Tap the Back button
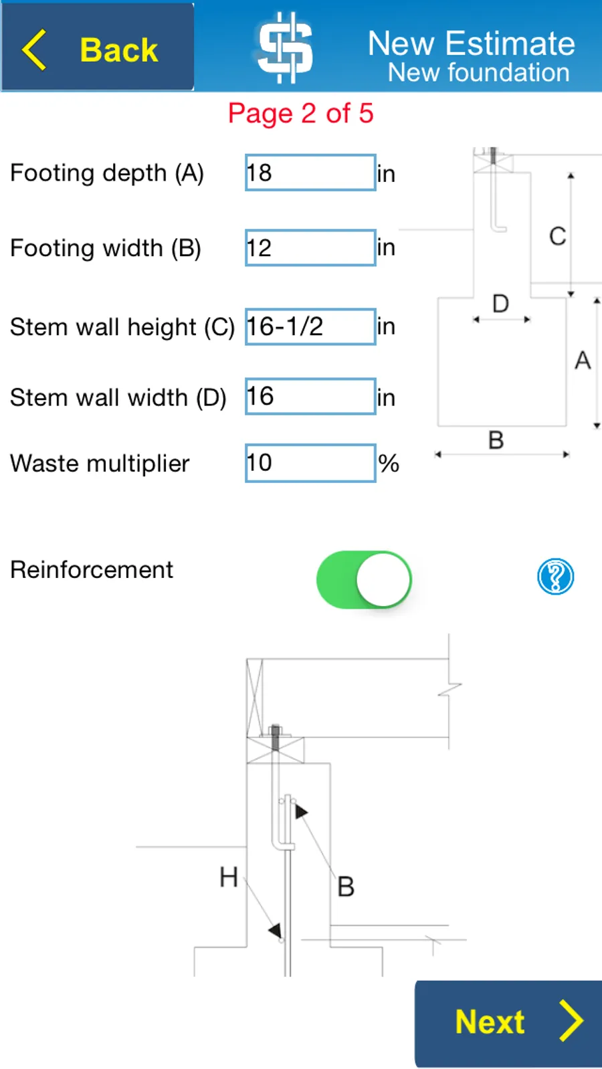97,47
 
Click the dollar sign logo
285,47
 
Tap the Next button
508,1024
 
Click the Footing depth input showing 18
310,173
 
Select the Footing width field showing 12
310,248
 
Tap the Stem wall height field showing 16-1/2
310,327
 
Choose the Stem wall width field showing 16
310,397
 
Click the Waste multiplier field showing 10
310,463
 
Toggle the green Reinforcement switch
364,579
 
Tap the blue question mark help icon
556,577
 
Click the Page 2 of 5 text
300,114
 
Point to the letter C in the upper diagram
558,236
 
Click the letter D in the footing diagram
500,304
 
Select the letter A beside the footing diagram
583,361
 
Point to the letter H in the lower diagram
229,877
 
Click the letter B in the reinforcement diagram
346,886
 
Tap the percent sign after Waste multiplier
389,464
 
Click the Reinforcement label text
92,569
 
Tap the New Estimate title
472,43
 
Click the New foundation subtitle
479,72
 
